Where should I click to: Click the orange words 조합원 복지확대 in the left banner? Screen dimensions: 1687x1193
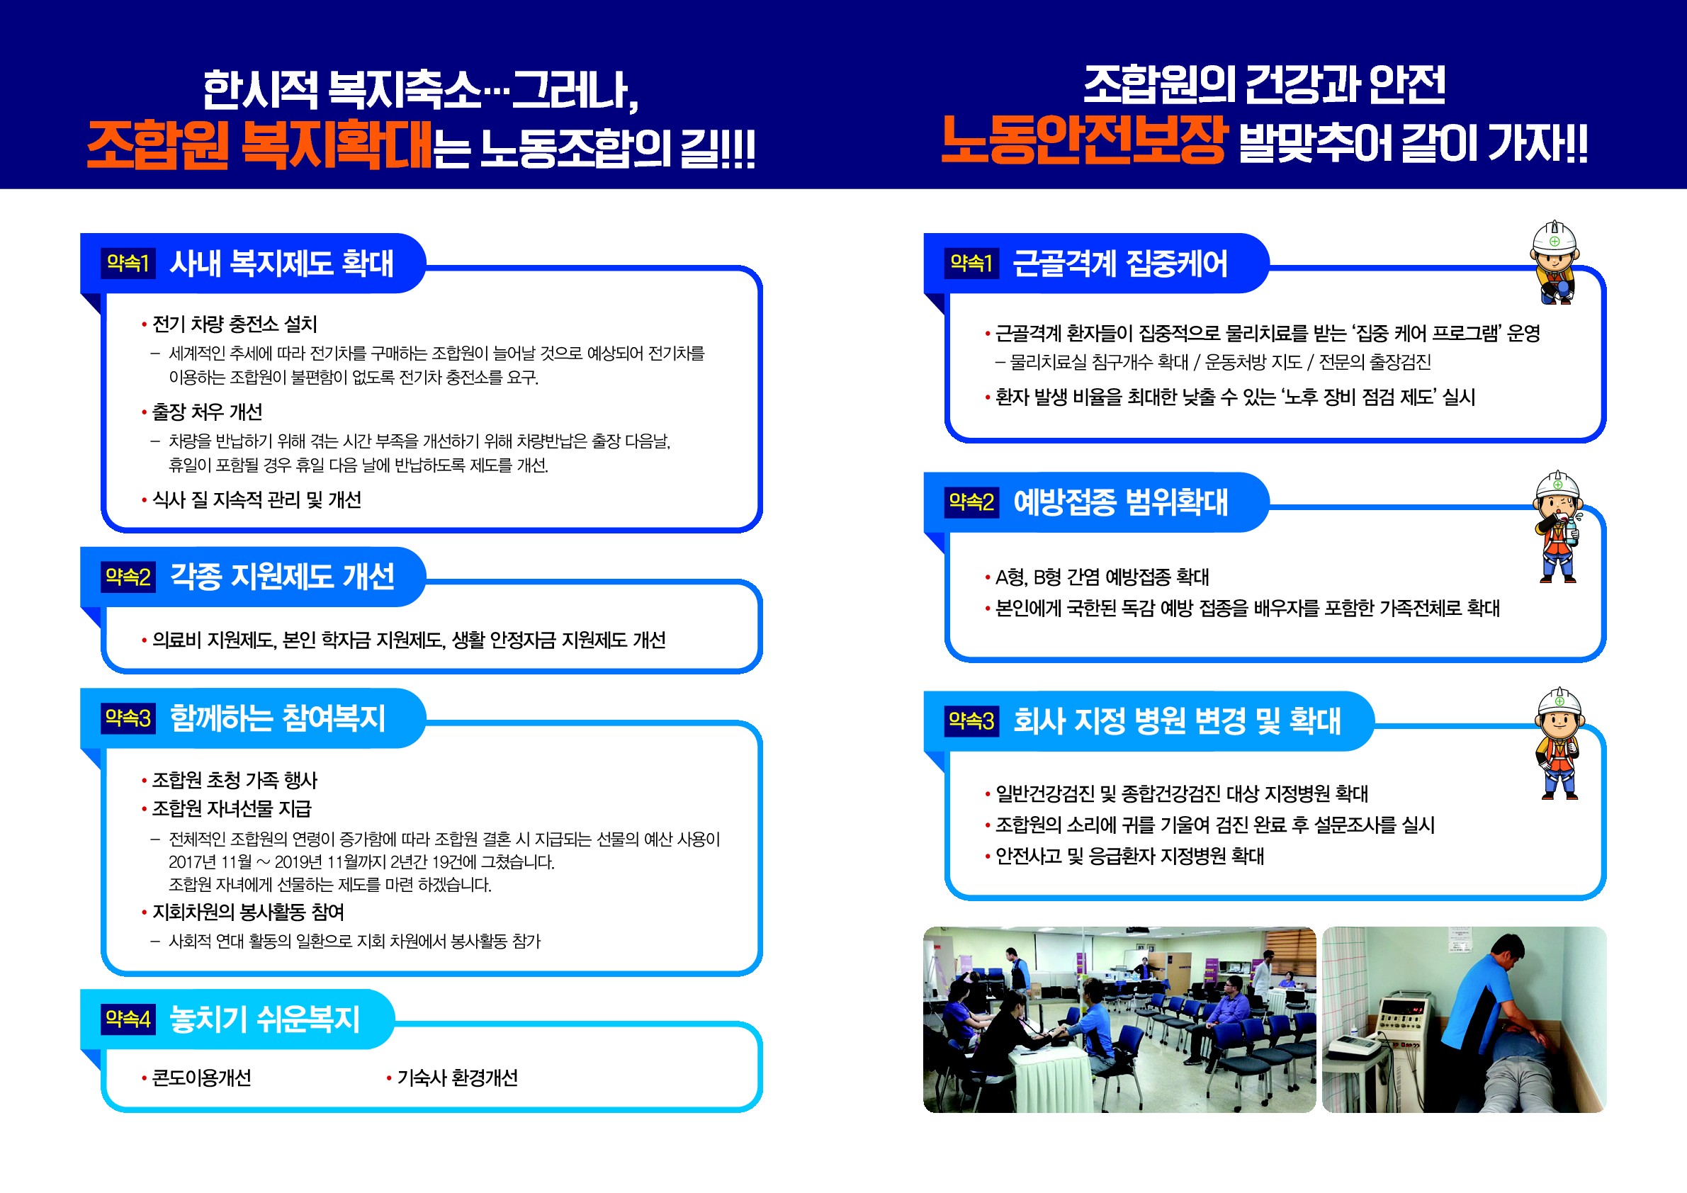tap(259, 144)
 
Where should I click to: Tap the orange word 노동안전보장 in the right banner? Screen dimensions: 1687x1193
tap(1085, 140)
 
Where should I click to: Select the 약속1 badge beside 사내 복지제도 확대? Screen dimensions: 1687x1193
tap(128, 263)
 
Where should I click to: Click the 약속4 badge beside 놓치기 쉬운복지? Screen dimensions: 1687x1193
tap(128, 1019)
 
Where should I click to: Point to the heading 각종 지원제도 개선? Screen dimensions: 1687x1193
tap(282, 577)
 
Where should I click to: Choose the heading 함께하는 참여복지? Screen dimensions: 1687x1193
tap(278, 718)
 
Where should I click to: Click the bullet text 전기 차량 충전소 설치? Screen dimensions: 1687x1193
tap(235, 324)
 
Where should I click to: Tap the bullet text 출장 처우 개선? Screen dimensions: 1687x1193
tap(206, 412)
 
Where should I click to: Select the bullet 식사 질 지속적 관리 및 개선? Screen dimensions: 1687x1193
tap(256, 499)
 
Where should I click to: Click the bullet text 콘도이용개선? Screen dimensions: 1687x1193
tap(201, 1078)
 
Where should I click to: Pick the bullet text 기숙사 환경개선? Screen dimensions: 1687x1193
tap(457, 1078)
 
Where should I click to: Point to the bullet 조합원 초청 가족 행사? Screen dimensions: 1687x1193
tap(235, 779)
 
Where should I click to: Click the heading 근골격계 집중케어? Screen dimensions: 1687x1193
tap(1119, 264)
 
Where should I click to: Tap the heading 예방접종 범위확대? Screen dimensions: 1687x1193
tap(1120, 502)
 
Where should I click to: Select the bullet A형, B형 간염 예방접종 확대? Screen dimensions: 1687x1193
tap(1101, 577)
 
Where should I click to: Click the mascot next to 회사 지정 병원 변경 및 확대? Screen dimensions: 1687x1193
tap(1557, 742)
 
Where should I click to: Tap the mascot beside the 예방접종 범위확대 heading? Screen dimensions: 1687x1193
tap(1557, 526)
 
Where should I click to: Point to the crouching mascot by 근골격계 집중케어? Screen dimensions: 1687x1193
tap(1552, 262)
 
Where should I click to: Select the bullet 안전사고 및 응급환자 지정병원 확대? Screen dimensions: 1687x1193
tap(1129, 856)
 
